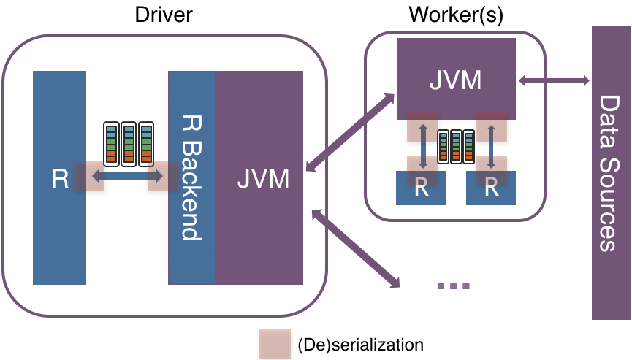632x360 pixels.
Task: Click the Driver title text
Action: point(164,15)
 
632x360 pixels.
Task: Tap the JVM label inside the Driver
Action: point(263,178)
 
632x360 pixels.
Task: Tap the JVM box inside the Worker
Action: point(456,79)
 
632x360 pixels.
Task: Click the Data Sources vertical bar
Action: point(612,172)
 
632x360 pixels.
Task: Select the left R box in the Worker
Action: point(421,188)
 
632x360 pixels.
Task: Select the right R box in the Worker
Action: point(491,188)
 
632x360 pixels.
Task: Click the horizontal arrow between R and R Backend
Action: point(126,176)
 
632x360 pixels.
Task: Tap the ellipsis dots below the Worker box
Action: point(453,286)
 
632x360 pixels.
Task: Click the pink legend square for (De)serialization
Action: point(274,343)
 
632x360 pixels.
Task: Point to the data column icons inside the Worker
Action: point(456,145)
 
